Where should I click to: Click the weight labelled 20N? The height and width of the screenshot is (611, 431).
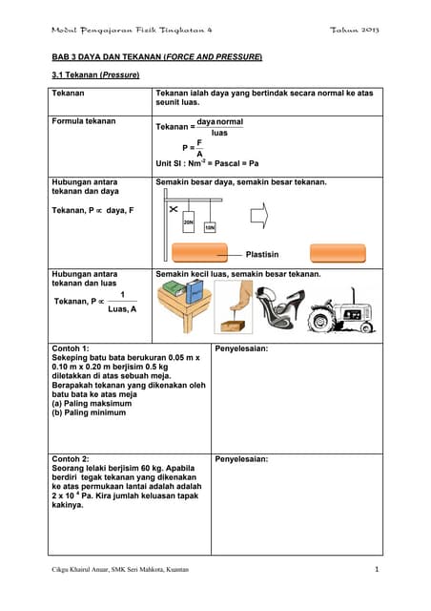[189, 221]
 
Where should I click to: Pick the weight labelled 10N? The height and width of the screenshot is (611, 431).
[210, 227]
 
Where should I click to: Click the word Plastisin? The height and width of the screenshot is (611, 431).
[262, 255]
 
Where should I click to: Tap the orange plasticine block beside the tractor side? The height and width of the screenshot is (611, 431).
[337, 253]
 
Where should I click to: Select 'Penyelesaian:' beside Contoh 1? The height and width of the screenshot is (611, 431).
[242, 348]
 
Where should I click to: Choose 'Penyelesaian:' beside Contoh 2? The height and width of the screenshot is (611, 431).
[242, 458]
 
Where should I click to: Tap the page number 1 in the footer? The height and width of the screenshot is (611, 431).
[378, 570]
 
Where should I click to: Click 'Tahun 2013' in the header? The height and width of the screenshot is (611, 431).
[355, 31]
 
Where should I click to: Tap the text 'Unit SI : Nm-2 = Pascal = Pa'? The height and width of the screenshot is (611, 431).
[207, 163]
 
